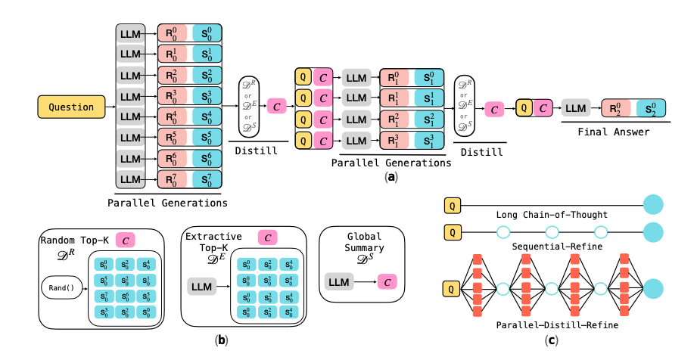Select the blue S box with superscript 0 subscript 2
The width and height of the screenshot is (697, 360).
click(x=652, y=108)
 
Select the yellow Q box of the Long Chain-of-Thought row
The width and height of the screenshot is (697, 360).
click(x=452, y=203)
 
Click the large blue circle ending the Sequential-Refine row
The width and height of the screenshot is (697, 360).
click(x=652, y=231)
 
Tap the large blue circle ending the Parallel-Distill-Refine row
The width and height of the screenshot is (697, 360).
click(x=652, y=289)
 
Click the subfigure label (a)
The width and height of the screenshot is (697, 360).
click(x=391, y=177)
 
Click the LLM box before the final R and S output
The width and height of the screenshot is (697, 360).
click(x=574, y=108)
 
